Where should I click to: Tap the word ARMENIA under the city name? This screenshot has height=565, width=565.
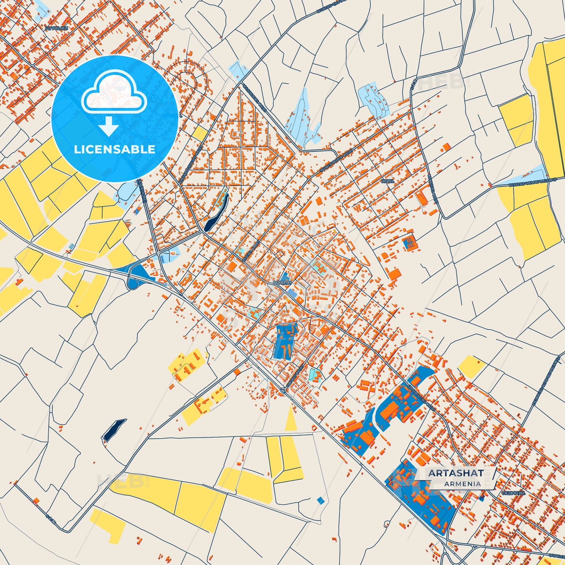point(463,484)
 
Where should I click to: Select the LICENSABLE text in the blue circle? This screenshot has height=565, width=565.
point(115,149)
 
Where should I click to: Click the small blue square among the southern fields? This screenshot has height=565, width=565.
point(321,500)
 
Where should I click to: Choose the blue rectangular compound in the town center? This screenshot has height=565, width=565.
point(285,341)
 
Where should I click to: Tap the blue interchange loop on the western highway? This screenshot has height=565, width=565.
point(135,273)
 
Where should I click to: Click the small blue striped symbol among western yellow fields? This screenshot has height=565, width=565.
point(71,246)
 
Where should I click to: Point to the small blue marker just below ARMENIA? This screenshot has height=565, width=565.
point(481,498)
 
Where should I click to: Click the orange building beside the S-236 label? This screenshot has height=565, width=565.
point(36,500)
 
